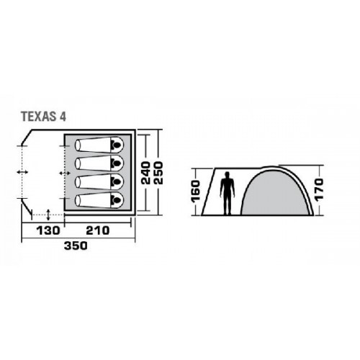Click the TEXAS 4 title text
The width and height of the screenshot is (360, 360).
point(43,117)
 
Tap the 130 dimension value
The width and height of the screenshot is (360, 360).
point(48,230)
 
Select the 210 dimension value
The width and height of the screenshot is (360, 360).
point(98,230)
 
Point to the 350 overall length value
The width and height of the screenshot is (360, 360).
point(76,246)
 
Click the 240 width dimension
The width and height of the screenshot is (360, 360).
point(145,173)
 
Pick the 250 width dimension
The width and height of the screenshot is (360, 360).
point(158,173)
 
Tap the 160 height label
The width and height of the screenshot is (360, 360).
point(196,192)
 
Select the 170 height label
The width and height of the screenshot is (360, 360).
point(319,189)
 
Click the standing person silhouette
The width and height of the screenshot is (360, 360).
point(228,193)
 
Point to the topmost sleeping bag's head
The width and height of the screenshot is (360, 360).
point(117,145)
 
